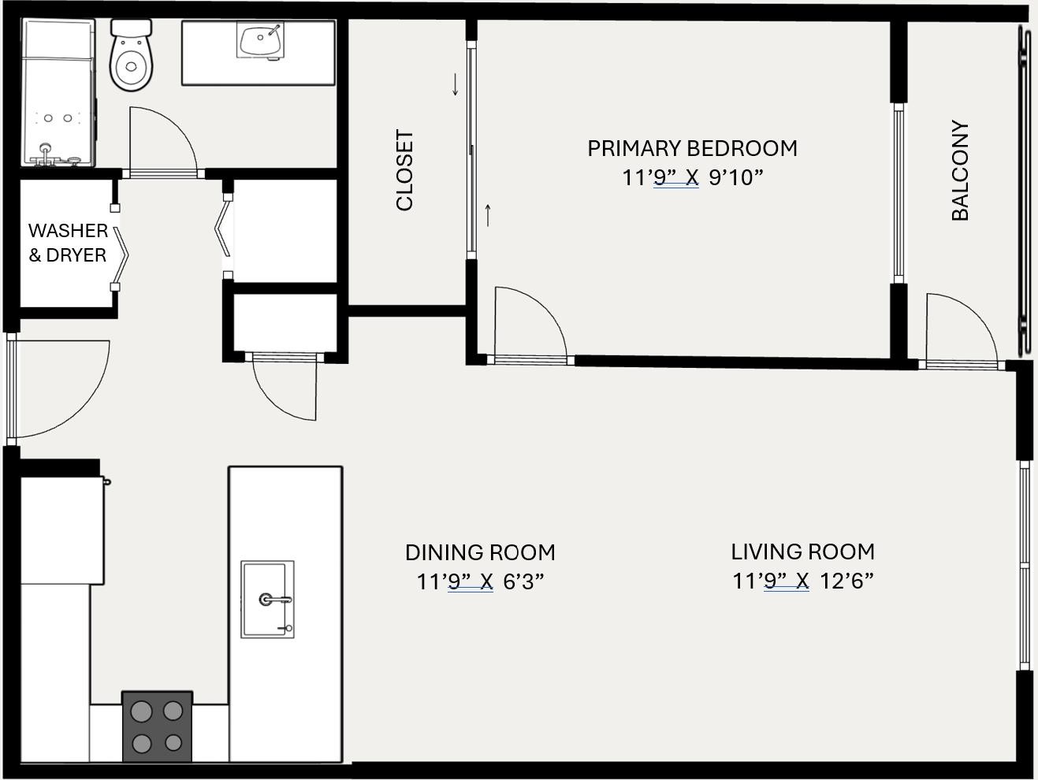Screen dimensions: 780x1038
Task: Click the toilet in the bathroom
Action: coord(130,58)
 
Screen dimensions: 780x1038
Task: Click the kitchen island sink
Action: coord(267,600)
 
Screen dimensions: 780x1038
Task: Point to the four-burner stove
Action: coord(157,726)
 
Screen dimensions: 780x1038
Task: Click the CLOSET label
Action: coord(404,170)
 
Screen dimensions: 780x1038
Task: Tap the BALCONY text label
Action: coord(959,170)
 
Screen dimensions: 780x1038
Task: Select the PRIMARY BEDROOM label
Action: coord(692,148)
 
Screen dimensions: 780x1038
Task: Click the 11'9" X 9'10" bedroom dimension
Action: coord(692,177)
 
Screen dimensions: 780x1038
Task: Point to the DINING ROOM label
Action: coord(480,552)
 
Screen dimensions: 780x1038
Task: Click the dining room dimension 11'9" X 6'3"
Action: coord(480,581)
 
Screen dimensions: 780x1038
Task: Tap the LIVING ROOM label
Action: coord(802,552)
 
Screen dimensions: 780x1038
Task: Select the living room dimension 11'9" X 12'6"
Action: coord(802,581)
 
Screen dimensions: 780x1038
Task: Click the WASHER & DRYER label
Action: coord(68,243)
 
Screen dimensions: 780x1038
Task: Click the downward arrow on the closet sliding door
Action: coord(455,84)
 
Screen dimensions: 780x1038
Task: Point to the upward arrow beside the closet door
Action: coord(489,214)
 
